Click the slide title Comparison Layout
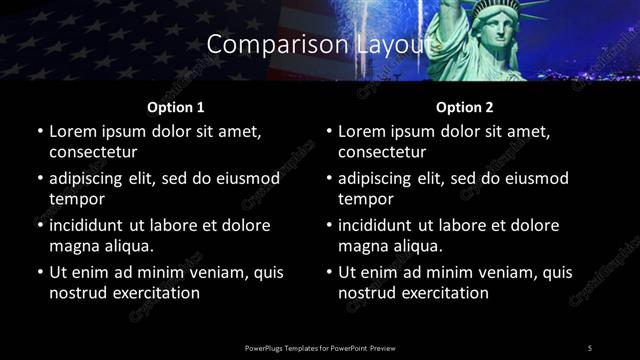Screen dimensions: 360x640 [x=319, y=45]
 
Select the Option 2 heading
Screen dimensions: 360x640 [x=465, y=106]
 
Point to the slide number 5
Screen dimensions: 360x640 [x=589, y=347]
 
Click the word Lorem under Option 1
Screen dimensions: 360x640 [x=74, y=131]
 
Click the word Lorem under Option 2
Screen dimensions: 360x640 [x=364, y=131]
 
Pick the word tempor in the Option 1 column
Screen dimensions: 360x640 [x=75, y=199]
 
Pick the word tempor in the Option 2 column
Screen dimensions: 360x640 [x=365, y=199]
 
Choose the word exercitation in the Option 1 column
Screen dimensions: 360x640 [x=154, y=293]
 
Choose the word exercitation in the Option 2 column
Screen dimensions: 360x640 [x=444, y=293]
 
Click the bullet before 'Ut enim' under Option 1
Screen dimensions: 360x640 [x=39, y=272]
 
